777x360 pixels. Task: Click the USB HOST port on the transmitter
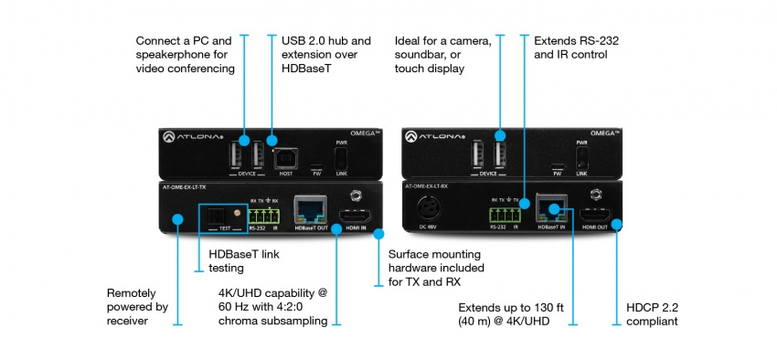tap(285, 155)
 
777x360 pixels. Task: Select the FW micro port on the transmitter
tap(315, 167)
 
